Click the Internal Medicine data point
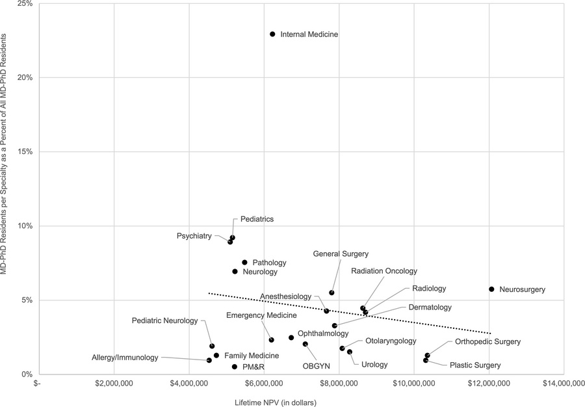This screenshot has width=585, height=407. [272, 34]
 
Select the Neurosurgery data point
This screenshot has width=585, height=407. [491, 289]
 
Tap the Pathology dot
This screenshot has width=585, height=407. [244, 263]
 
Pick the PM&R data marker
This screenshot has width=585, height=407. [235, 367]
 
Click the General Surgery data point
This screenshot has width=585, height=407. [331, 293]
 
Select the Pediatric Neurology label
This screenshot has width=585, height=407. [164, 321]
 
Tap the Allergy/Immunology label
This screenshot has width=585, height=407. [125, 358]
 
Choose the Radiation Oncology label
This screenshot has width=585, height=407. [384, 270]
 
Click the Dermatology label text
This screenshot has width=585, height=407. [430, 307]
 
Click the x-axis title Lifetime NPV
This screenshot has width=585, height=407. [275, 402]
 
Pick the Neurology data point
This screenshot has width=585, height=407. [235, 272]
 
